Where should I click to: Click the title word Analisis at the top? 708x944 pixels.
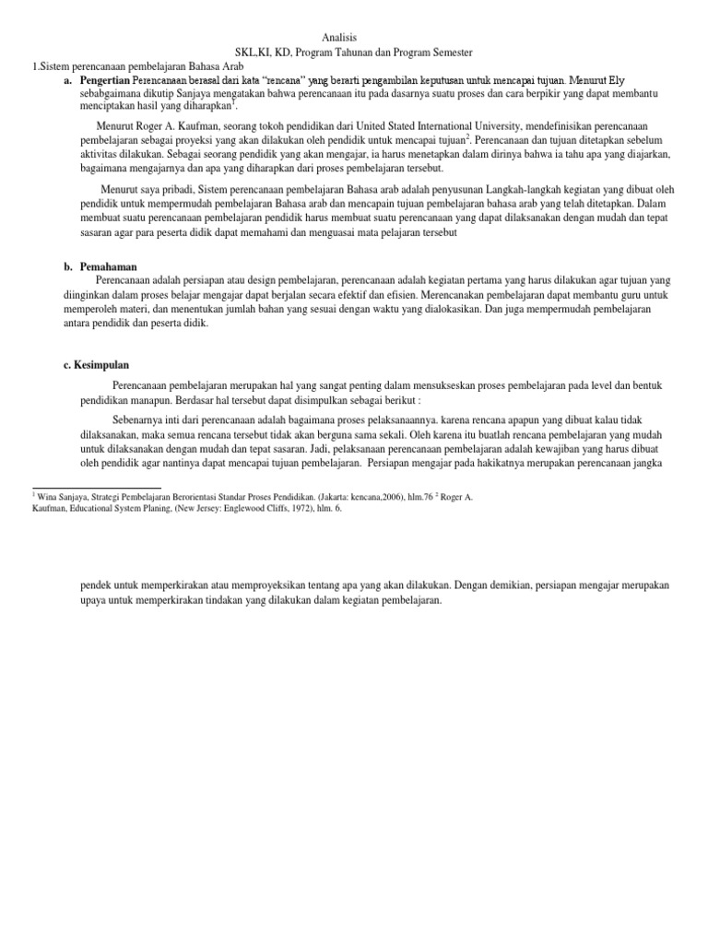(x=338, y=38)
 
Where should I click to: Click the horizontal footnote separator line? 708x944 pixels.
(x=96, y=487)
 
